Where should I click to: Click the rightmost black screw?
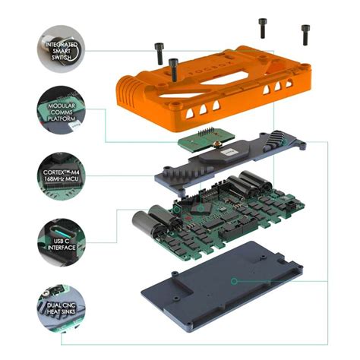[x=305, y=34]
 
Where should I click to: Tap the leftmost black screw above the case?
[x=159, y=54]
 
